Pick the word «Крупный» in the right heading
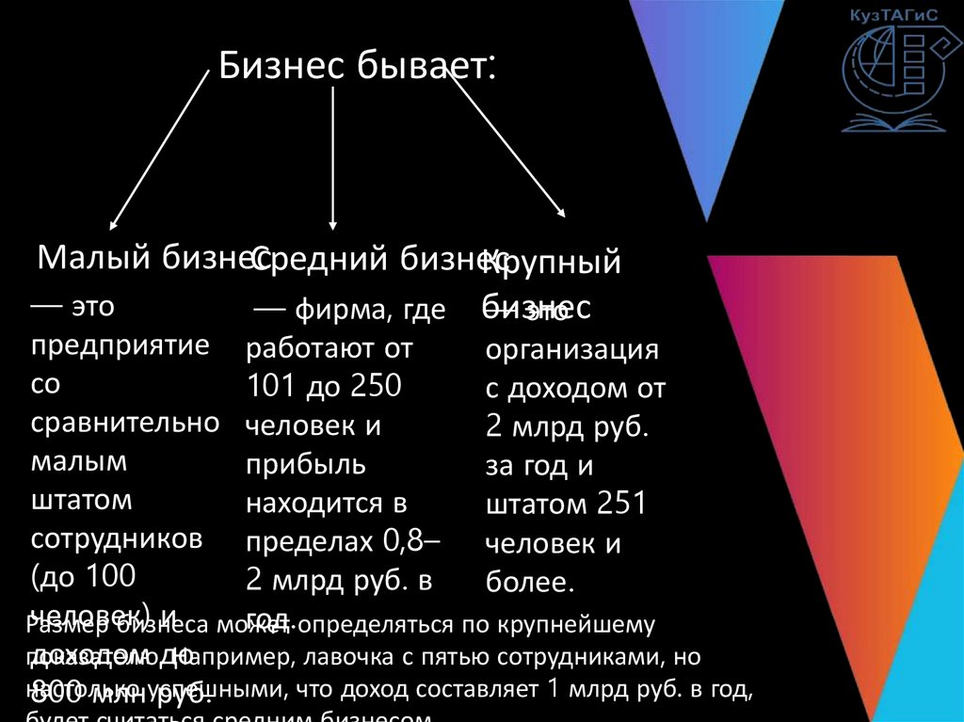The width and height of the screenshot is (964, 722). coord(553,263)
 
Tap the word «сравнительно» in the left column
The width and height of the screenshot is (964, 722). coord(126,422)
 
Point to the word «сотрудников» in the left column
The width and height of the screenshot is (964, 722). coord(117,537)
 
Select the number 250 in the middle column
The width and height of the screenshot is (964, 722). coord(375,386)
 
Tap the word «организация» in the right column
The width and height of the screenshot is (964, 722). coord(571,350)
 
